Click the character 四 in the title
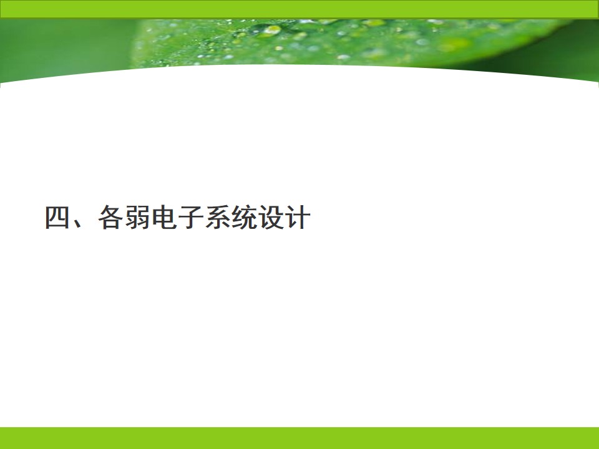[x=57, y=217]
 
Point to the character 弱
[x=137, y=217]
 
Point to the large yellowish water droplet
[x=272, y=30]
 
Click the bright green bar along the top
[x=299, y=9]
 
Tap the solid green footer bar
[x=299, y=438]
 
